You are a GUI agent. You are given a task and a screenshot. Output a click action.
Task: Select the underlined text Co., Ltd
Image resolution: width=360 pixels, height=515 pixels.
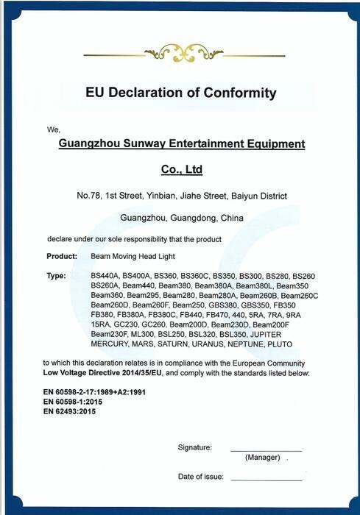click(181, 170)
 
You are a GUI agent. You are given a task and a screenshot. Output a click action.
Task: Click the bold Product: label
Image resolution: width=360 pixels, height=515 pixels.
click(62, 257)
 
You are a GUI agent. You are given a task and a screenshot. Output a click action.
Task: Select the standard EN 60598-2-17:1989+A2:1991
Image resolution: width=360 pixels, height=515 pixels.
click(94, 392)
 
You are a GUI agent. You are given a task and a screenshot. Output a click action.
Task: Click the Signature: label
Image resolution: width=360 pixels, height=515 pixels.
click(194, 447)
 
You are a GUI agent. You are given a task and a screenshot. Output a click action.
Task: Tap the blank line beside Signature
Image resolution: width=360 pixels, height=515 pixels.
click(266, 450)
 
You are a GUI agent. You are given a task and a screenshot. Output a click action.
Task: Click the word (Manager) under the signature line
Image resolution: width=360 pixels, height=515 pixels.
click(261, 458)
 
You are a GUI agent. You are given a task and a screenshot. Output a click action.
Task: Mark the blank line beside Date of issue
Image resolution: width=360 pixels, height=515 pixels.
click(266, 480)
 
